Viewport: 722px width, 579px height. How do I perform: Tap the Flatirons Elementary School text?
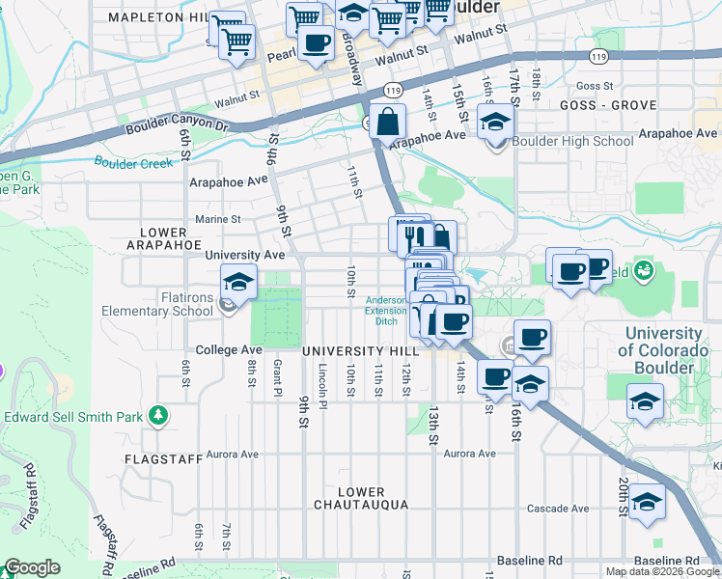pyautogui.click(x=158, y=304)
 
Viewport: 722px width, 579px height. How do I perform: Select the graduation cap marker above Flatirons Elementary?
pyautogui.click(x=238, y=283)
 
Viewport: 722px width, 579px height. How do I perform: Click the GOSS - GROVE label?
pyautogui.click(x=599, y=104)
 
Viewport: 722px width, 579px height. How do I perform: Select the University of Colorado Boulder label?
pyautogui.click(x=667, y=350)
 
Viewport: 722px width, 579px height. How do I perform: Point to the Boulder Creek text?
pyautogui.click(x=133, y=163)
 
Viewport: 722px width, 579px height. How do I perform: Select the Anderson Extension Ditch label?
pyautogui.click(x=385, y=310)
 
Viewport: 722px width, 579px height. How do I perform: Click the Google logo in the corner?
pyautogui.click(x=32, y=567)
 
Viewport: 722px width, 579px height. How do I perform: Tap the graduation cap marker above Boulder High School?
pyautogui.click(x=496, y=123)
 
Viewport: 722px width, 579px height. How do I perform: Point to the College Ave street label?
pyautogui.click(x=229, y=349)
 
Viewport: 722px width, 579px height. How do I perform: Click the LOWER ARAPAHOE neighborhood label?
pyautogui.click(x=162, y=238)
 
